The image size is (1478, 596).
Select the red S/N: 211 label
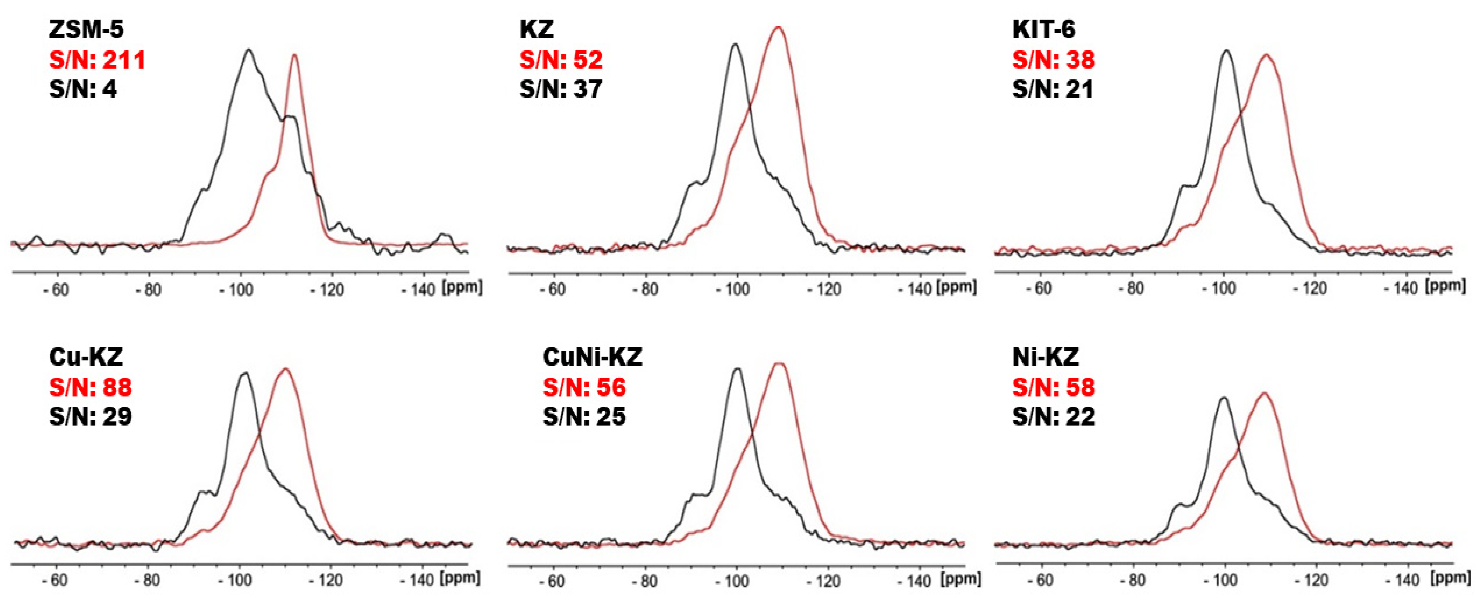[x=97, y=60]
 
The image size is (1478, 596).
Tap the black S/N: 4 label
[x=83, y=89]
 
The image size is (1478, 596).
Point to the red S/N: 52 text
[x=561, y=60]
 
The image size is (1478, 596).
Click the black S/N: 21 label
[x=1053, y=89]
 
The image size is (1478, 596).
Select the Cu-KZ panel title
[x=86, y=357]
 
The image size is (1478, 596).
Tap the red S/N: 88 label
[x=91, y=387]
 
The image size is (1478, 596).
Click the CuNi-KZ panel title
[x=592, y=357]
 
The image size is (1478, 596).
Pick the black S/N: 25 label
[x=584, y=416]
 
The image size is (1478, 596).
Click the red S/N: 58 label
[x=1053, y=387]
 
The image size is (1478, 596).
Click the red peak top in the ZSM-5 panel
[x=294, y=55]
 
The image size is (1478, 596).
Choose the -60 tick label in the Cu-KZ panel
[x=56, y=580]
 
